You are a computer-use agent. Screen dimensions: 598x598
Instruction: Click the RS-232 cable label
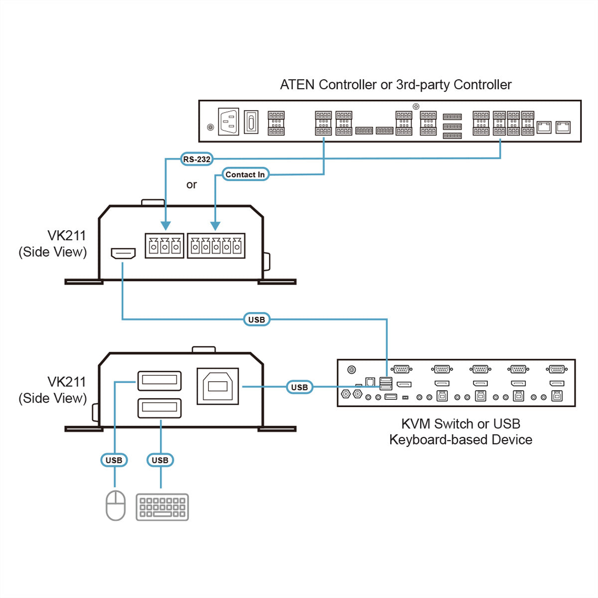click(196, 159)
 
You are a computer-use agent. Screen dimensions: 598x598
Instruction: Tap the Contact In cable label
click(245, 174)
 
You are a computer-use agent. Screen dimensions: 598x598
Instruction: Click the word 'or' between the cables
click(191, 185)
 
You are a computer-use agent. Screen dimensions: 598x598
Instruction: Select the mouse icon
click(116, 505)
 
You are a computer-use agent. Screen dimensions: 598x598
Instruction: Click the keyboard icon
click(162, 507)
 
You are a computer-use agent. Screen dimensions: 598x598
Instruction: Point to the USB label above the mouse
click(114, 460)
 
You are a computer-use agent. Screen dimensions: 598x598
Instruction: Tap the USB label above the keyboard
click(160, 460)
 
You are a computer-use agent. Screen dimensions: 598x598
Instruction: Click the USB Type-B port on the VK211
click(218, 386)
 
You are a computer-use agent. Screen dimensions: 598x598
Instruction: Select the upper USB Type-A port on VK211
click(159, 380)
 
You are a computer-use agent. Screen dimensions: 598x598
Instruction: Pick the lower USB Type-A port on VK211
click(159, 408)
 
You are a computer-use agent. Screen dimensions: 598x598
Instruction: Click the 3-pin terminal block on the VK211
click(164, 246)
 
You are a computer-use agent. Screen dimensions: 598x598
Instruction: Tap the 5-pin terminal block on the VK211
click(216, 246)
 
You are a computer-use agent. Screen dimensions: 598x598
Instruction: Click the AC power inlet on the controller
click(228, 121)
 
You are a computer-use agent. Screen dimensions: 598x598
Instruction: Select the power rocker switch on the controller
click(251, 122)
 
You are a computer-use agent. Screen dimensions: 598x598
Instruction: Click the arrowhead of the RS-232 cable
click(166, 226)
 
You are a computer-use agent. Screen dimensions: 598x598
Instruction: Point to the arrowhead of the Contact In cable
click(215, 226)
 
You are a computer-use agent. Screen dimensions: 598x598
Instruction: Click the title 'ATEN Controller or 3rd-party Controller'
click(396, 84)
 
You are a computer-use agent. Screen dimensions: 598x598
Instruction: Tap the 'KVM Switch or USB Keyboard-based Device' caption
click(460, 432)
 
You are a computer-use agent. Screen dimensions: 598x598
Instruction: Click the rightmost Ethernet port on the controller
click(563, 127)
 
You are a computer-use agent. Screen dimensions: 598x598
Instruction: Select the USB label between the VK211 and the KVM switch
click(299, 387)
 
